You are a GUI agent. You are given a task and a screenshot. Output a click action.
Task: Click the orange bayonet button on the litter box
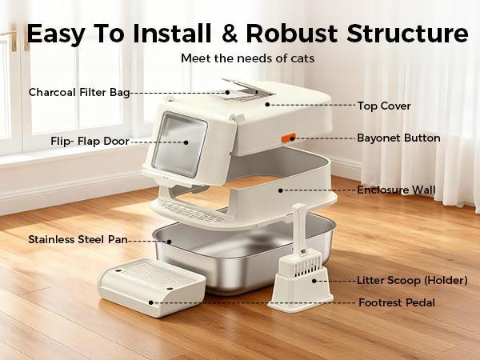tap(294, 138)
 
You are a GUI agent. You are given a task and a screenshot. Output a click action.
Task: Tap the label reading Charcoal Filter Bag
tap(79, 92)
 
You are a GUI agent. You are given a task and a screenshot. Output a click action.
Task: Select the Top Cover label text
tap(385, 104)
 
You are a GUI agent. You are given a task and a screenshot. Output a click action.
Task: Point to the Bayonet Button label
tap(398, 138)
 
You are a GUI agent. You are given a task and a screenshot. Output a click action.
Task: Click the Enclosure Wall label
tap(396, 190)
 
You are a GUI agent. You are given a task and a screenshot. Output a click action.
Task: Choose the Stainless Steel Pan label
tap(78, 238)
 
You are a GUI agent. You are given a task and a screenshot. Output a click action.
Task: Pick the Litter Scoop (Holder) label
tap(411, 280)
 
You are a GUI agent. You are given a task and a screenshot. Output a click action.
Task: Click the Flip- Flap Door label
tap(89, 142)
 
